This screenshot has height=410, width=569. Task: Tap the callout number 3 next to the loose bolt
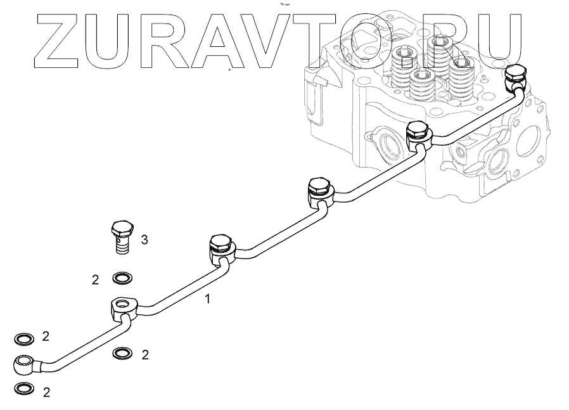(144, 240)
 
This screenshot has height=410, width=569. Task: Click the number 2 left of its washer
(95, 279)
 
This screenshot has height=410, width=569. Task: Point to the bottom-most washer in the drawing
(23, 388)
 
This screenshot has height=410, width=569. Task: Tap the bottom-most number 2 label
(46, 392)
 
